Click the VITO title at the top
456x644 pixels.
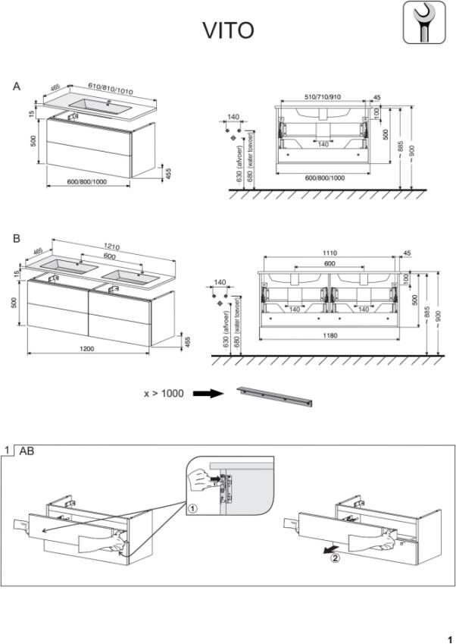click(227, 30)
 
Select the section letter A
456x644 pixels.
click(17, 87)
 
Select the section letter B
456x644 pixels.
click(17, 238)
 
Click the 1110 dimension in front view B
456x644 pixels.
click(330, 253)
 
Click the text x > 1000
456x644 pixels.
click(164, 394)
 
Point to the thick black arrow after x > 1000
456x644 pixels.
click(206, 394)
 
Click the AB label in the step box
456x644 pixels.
click(27, 451)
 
